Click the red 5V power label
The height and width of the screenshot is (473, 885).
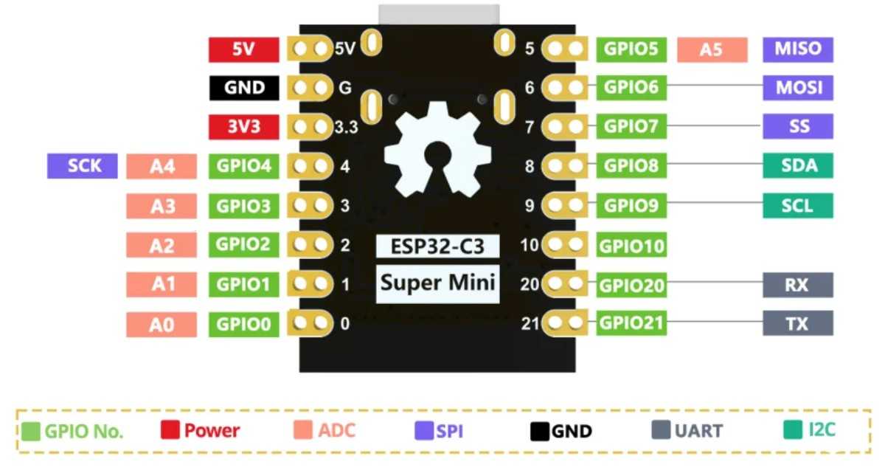[x=244, y=49]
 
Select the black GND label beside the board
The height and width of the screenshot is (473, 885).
[x=244, y=88]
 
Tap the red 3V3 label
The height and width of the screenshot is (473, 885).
[x=244, y=127]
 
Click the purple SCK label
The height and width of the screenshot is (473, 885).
[x=83, y=166]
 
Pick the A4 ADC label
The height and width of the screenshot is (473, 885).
[x=162, y=167]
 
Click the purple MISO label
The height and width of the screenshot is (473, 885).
[x=798, y=49]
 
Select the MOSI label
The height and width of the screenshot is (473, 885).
[x=798, y=88]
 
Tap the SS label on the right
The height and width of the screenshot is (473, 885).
[x=798, y=127]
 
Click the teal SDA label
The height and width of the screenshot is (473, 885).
[x=798, y=166]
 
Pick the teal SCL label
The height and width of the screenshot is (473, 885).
[x=798, y=205]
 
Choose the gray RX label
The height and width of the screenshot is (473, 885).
[x=798, y=285]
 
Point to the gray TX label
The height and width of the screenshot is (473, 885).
[x=798, y=323]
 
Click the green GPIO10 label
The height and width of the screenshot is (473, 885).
[x=632, y=245]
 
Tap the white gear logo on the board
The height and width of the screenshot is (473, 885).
[x=438, y=151]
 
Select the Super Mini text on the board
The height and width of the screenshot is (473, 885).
[x=438, y=283]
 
